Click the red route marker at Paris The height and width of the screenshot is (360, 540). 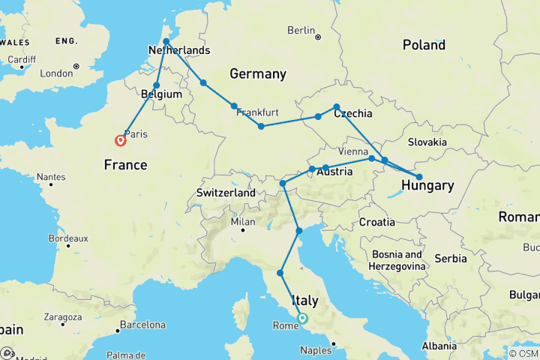pos(120,140)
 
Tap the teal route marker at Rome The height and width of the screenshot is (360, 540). pos(302,318)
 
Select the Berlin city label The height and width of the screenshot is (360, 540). pos(300,31)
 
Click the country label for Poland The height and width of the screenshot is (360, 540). pos(424,45)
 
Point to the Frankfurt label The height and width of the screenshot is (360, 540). pos(257,112)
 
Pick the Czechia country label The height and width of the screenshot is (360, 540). pos(352,113)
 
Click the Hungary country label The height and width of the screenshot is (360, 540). pos(427,185)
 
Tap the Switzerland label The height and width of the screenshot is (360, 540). pos(226,193)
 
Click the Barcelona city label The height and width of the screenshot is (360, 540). pos(141,325)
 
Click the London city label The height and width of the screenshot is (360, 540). pos(56,73)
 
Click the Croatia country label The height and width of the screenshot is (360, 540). pos(376,222)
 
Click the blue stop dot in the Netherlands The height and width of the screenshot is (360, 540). pos(166,40)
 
